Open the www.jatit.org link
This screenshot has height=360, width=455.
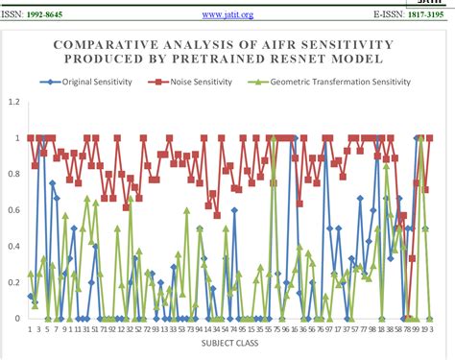click(227, 14)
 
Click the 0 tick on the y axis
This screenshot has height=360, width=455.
click(15, 319)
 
